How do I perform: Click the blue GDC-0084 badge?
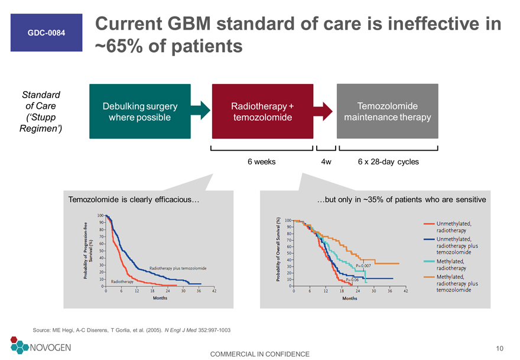click(47, 33)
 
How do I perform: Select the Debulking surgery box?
click(140, 111)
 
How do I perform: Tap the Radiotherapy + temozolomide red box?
click(262, 111)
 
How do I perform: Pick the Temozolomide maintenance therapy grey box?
click(388, 111)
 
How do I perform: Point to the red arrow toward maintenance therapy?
click(323, 111)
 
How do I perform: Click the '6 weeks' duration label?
click(261, 161)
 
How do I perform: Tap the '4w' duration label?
click(326, 161)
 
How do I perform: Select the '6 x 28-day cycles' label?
click(388, 161)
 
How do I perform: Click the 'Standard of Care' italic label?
click(41, 112)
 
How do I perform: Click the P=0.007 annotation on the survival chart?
click(363, 266)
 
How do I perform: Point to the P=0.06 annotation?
click(352, 280)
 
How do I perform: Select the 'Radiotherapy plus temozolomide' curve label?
click(178, 268)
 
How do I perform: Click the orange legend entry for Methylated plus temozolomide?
click(451, 283)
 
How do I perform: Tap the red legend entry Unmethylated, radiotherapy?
click(448, 227)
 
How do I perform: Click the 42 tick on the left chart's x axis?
click(214, 291)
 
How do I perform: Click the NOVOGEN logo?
click(40, 345)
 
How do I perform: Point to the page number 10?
click(499, 348)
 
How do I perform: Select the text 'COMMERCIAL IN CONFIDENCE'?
click(259, 354)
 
